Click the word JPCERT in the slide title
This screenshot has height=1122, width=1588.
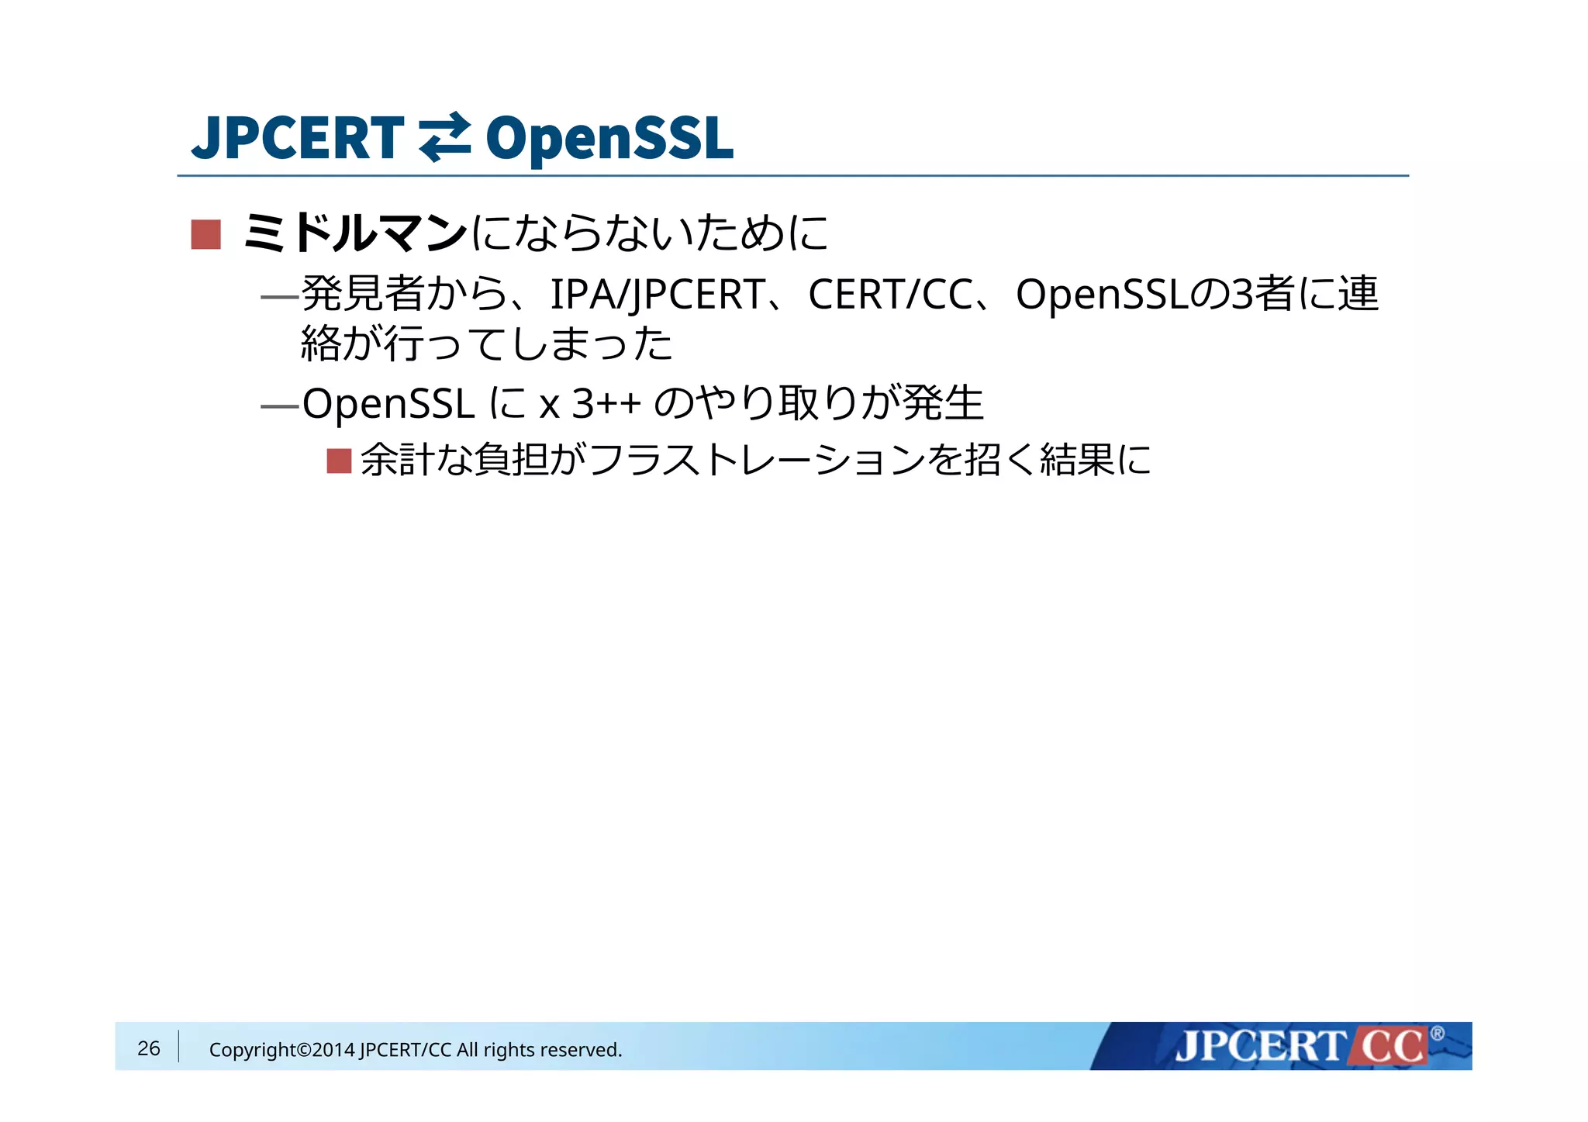(x=298, y=138)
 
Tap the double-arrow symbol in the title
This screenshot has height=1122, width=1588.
(x=444, y=138)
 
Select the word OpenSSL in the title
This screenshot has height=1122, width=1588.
(x=609, y=138)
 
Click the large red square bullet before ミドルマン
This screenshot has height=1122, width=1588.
(x=205, y=234)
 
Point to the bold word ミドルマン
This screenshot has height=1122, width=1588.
(x=355, y=233)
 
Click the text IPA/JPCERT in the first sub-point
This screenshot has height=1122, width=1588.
(x=658, y=295)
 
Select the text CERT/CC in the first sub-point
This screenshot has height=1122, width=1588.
(x=890, y=295)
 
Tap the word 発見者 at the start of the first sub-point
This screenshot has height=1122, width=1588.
(x=362, y=295)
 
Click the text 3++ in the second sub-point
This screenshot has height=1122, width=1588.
(x=606, y=404)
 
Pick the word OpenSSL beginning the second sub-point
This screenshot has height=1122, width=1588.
(x=388, y=404)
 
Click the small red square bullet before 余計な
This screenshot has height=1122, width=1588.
(x=339, y=461)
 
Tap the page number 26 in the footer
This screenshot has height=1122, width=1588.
(x=148, y=1048)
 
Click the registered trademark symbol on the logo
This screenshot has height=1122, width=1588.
(x=1437, y=1034)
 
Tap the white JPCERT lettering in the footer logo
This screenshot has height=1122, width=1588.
(x=1260, y=1047)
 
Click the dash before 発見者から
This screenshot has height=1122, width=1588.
(x=280, y=296)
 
